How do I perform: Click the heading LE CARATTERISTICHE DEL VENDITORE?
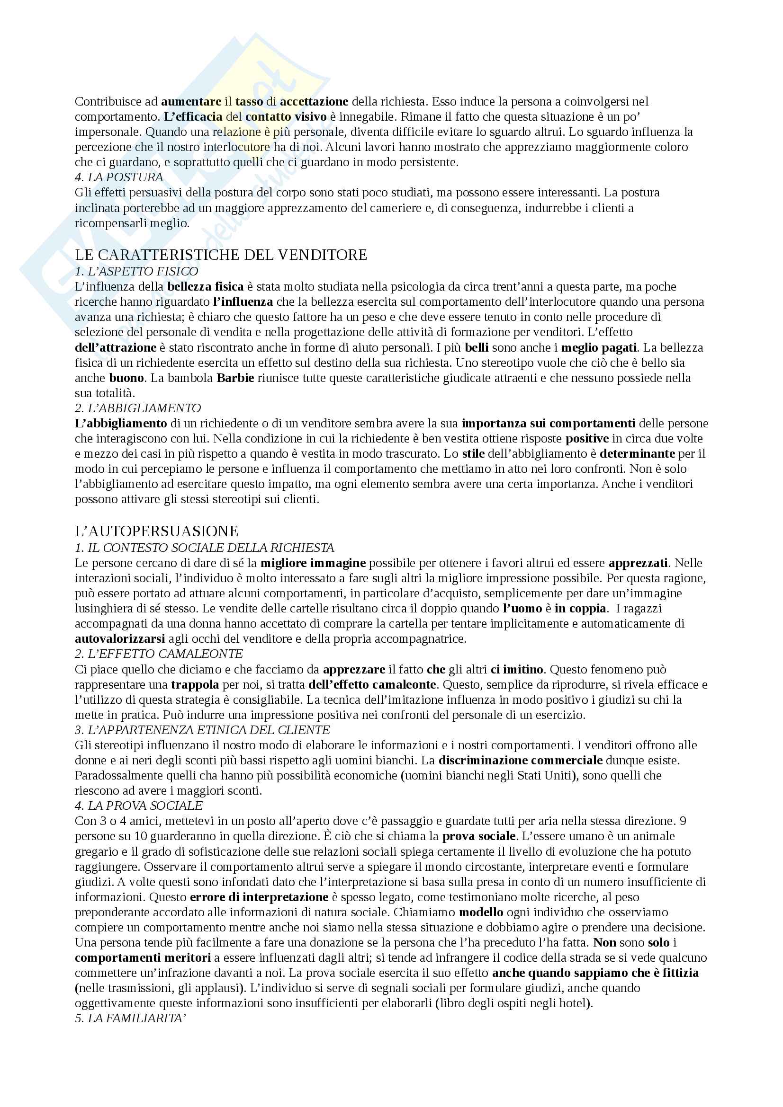221,255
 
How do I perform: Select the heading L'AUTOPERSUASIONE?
157,531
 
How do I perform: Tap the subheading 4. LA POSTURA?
119,177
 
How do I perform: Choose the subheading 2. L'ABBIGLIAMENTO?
138,408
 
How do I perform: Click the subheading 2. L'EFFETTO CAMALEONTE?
159,654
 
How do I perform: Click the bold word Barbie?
235,378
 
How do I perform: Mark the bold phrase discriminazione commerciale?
521,761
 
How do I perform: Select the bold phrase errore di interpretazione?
260,897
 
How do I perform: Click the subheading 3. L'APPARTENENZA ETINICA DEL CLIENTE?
203,730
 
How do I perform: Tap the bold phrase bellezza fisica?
206,286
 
